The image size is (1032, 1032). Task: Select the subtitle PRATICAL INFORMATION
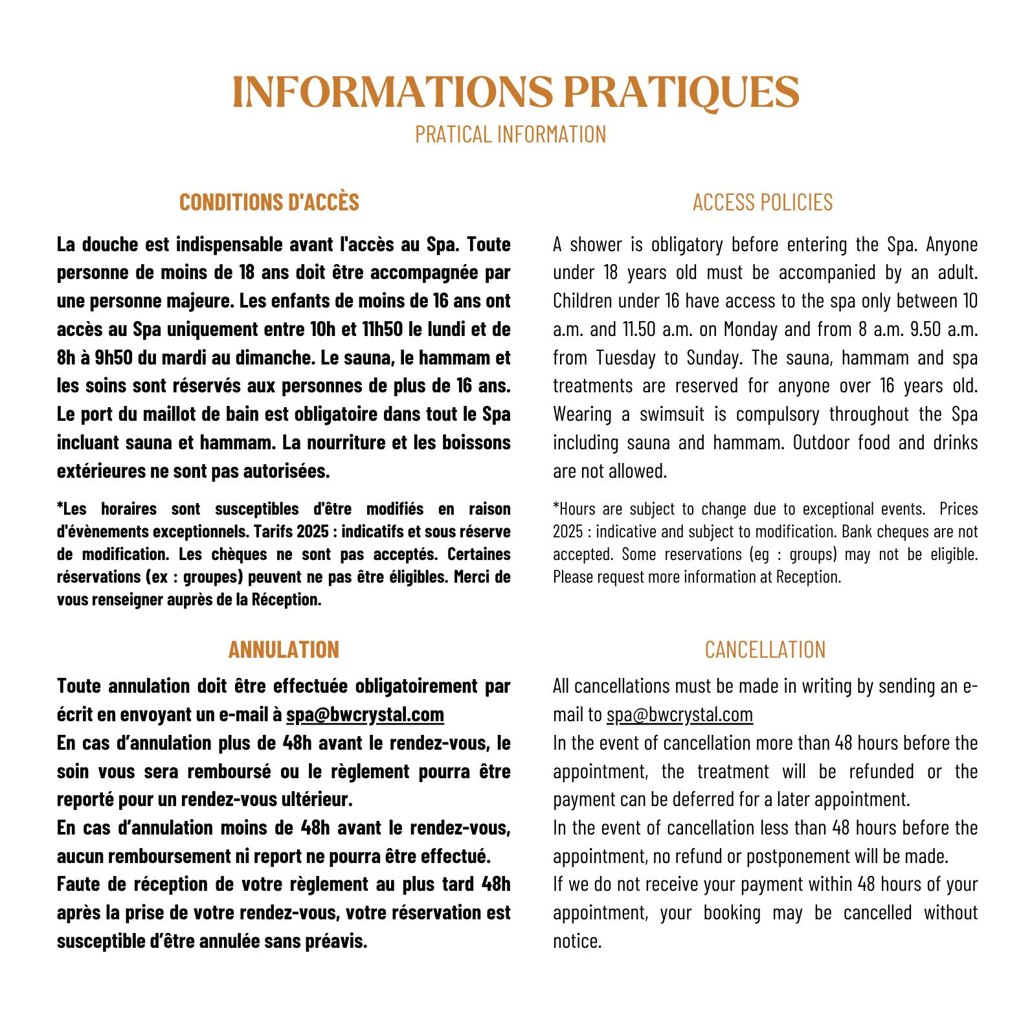510,134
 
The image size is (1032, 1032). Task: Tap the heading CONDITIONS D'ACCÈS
269,202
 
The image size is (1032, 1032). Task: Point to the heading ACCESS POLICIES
763,202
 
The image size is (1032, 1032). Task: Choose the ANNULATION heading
284,649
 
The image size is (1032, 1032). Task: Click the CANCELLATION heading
765,649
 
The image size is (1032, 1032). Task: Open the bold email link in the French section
365,714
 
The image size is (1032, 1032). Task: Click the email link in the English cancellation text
680,714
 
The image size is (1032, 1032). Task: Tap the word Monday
750,330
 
